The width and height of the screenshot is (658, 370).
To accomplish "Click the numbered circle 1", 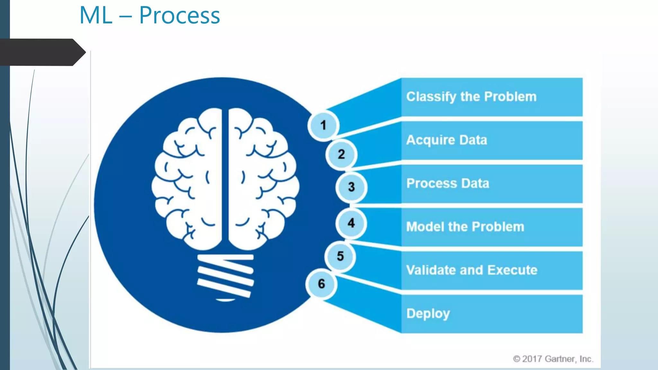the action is click(323, 125).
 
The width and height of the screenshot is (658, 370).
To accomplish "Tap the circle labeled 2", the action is click(341, 154).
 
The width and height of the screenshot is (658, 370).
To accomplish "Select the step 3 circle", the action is click(351, 187).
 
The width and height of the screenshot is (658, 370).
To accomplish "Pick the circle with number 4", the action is click(351, 223).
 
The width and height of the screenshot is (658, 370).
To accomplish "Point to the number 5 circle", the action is click(340, 256).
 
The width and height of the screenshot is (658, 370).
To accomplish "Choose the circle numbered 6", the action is click(321, 284).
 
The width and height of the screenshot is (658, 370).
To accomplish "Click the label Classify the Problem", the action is click(471, 97).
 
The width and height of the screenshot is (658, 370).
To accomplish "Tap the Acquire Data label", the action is click(447, 140).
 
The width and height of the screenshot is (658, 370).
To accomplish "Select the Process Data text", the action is click(448, 183).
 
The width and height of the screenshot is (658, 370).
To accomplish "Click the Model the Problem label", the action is click(465, 227).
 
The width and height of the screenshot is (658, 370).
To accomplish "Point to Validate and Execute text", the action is click(472, 270).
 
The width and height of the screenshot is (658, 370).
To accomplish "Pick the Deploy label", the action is click(428, 314).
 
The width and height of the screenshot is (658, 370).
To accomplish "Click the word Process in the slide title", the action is click(180, 15).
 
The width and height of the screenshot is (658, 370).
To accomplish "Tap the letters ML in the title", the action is click(96, 15).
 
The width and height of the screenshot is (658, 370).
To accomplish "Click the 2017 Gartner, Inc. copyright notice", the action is click(553, 359).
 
